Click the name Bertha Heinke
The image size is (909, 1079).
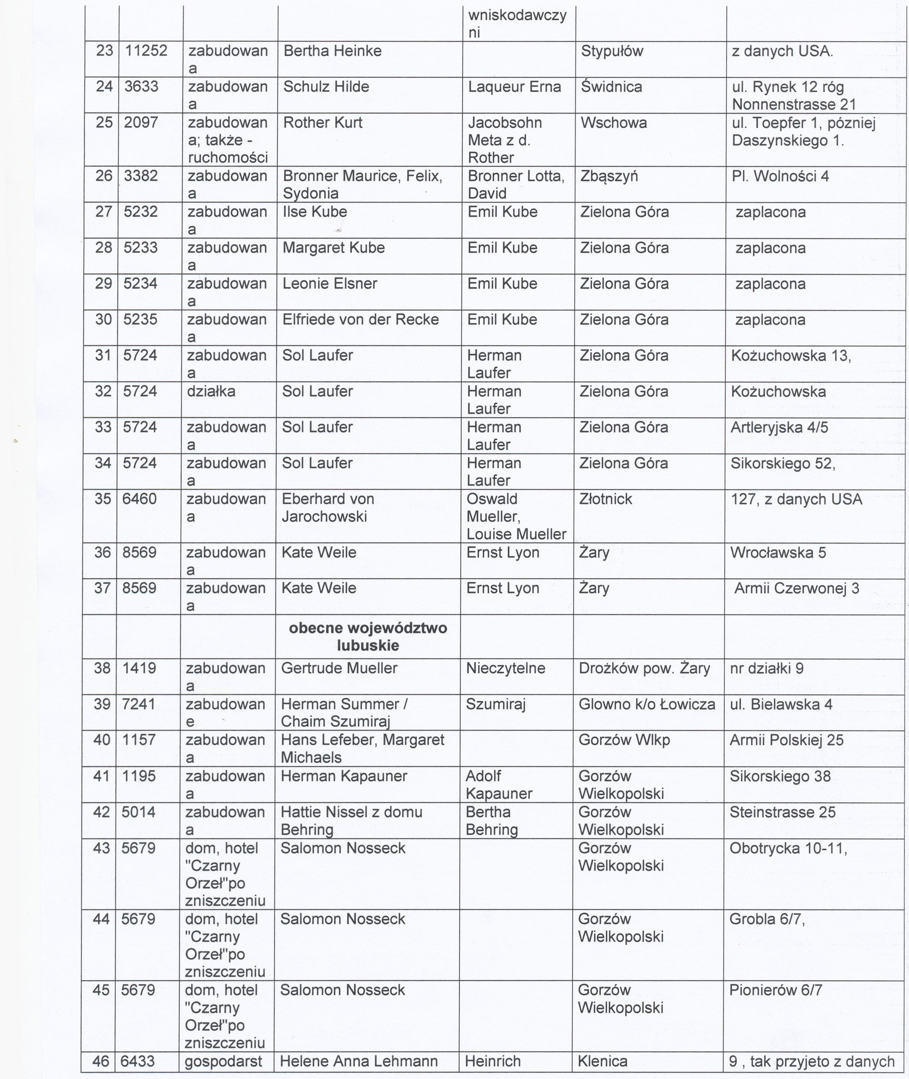(332, 51)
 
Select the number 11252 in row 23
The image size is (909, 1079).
(146, 51)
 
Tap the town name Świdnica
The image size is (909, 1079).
(611, 87)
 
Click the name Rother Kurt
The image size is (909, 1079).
(323, 123)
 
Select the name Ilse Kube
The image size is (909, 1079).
(314, 212)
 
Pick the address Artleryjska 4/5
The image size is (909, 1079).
(779, 427)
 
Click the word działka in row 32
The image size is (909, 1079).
(211, 391)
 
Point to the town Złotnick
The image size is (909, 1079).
(606, 499)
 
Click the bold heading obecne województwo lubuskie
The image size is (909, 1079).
(368, 636)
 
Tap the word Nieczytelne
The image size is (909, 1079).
(505, 668)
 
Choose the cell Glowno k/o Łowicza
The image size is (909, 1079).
(647, 704)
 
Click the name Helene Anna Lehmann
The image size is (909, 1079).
(359, 1061)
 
